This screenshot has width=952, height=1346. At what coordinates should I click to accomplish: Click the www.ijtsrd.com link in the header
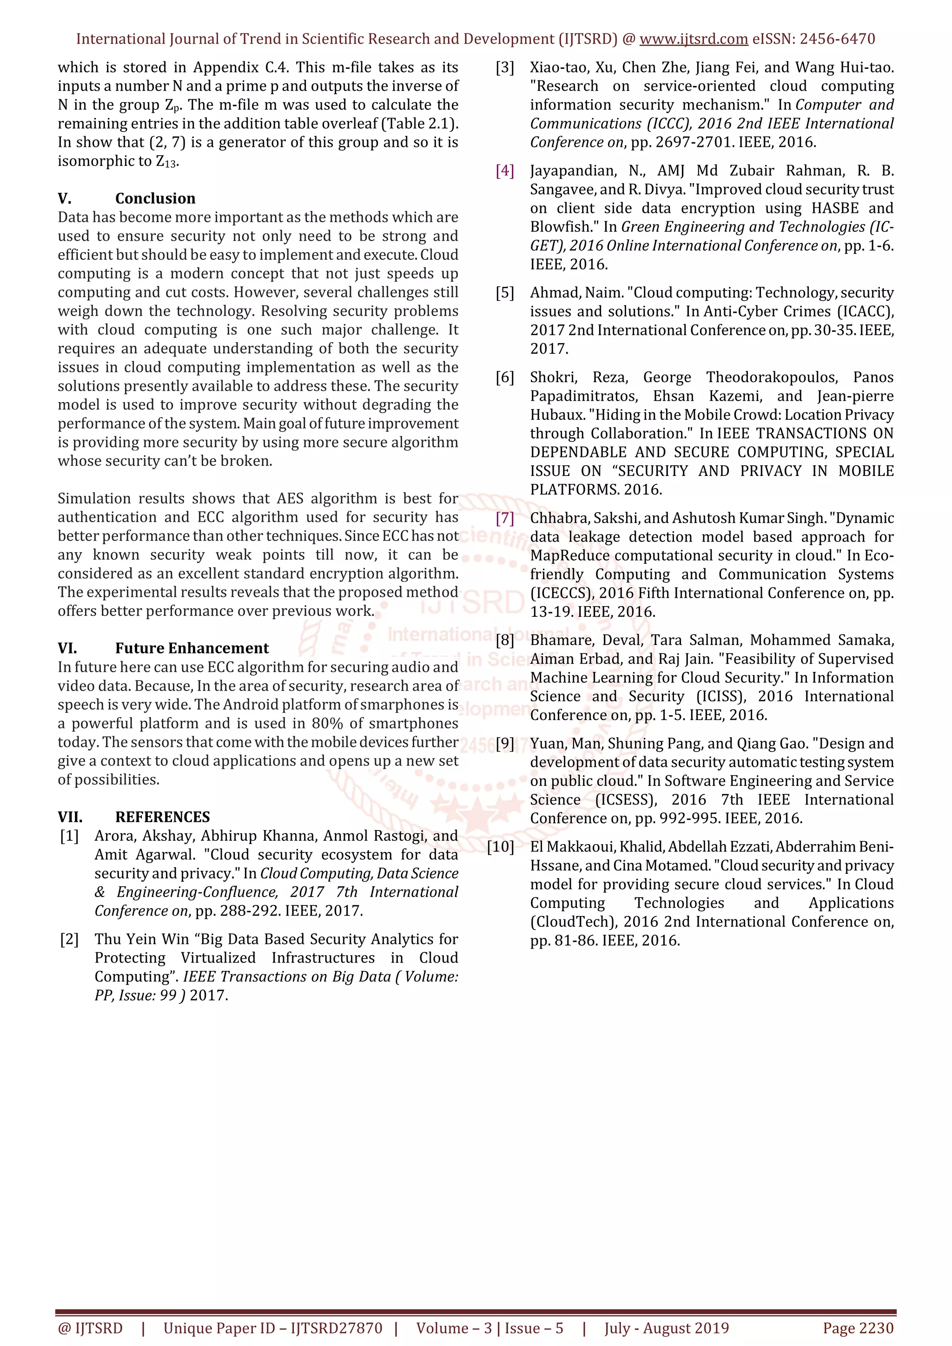coord(694,40)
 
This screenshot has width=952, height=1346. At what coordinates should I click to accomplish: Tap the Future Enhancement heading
coord(192,648)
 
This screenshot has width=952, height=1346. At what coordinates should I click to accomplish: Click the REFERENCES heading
coord(162,817)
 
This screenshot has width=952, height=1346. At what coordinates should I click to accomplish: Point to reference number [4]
coord(505,171)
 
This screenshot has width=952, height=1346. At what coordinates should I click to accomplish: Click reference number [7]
coord(505,518)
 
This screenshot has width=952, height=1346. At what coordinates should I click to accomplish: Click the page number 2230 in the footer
coord(876,1328)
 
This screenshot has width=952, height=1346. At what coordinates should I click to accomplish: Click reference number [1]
coord(69,836)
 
